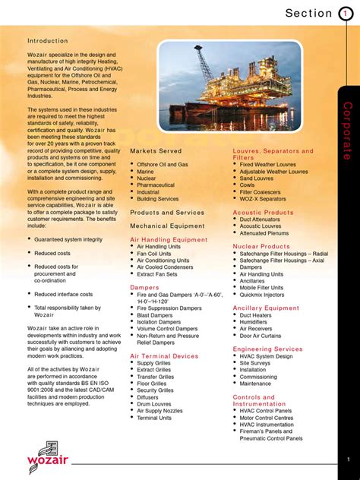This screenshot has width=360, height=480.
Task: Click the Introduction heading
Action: tap(48, 41)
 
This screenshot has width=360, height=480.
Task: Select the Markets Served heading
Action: tap(156, 151)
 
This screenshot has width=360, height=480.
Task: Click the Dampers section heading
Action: tap(144, 288)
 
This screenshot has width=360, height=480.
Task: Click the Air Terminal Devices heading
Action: tap(164, 355)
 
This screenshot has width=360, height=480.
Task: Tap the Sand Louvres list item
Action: tap(257, 178)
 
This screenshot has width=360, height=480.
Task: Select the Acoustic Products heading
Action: tap(263, 213)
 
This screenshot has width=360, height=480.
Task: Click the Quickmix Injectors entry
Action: tap(265, 295)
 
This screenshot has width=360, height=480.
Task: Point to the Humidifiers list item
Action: tap(257, 321)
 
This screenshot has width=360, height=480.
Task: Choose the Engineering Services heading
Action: tap(267, 349)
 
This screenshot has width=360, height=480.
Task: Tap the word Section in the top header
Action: tap(308, 13)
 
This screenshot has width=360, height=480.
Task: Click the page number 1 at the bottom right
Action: tap(348, 459)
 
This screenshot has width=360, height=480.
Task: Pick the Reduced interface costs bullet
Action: tap(63, 294)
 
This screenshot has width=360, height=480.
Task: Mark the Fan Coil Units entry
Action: tap(154, 254)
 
